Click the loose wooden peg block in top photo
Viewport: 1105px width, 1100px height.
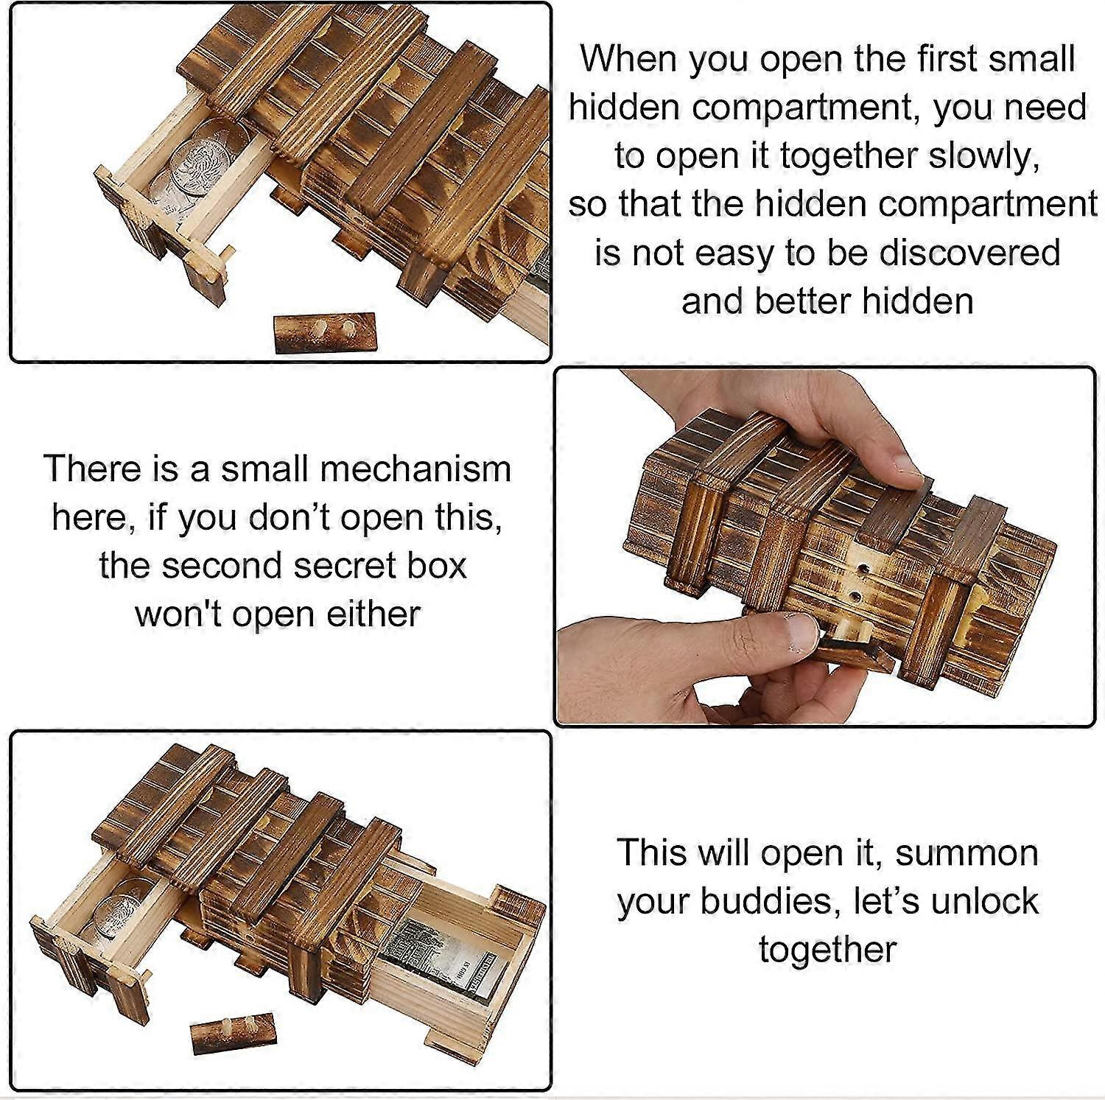[325, 333]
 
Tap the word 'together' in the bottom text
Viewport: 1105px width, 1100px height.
[827, 950]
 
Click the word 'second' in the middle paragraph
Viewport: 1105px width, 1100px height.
[216, 567]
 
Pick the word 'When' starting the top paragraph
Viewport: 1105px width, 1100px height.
[628, 59]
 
